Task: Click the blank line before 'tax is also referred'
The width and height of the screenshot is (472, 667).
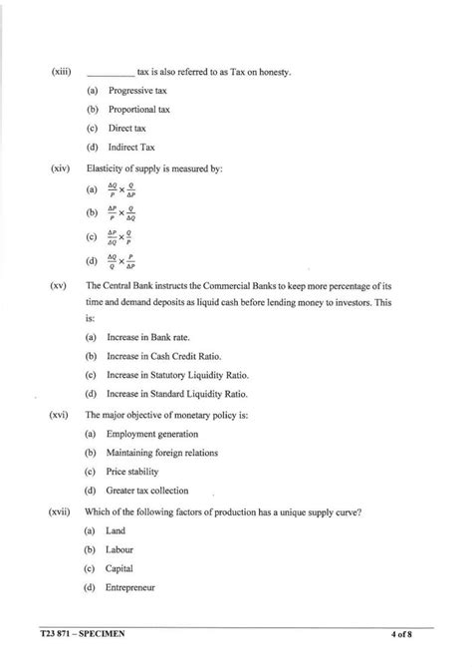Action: [111, 74]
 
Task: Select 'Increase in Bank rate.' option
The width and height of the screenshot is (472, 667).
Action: [147, 338]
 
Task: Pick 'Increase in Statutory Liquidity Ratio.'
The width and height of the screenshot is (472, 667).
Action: [178, 376]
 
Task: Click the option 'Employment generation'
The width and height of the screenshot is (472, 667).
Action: [153, 434]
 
